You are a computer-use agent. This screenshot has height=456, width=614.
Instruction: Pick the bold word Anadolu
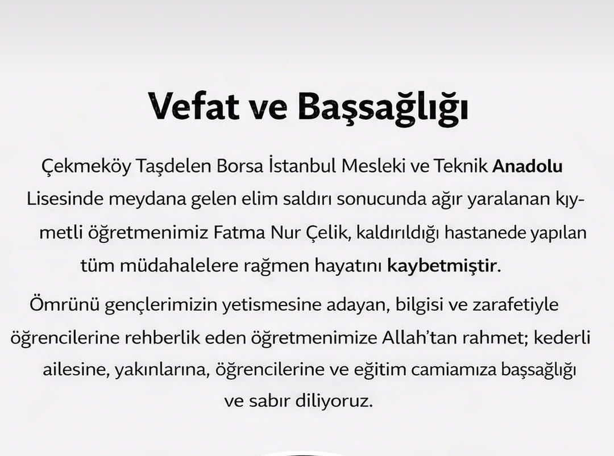pyautogui.click(x=528, y=167)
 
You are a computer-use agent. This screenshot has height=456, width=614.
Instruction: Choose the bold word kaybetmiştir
pyautogui.click(x=442, y=266)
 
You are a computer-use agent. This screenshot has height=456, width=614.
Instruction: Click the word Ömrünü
pyautogui.click(x=59, y=305)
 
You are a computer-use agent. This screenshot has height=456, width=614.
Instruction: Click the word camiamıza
pyautogui.click(x=458, y=370)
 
